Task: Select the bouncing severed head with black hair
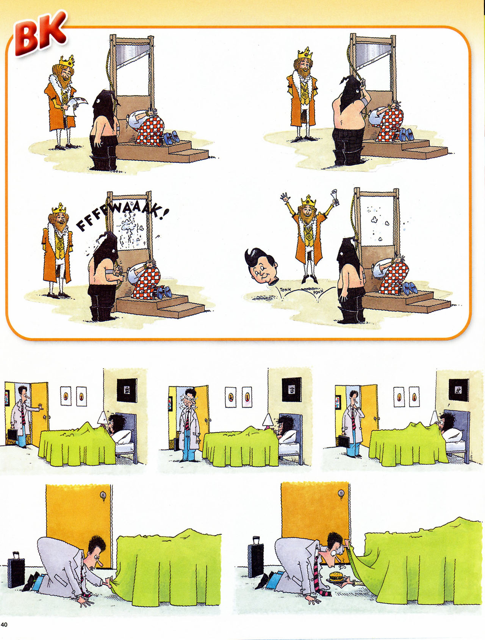click(x=262, y=265)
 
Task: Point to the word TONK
click(x=286, y=290)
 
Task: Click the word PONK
click(x=318, y=292)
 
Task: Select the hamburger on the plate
click(x=336, y=577)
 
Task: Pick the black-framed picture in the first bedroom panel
click(x=127, y=390)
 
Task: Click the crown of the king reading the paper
click(x=67, y=61)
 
